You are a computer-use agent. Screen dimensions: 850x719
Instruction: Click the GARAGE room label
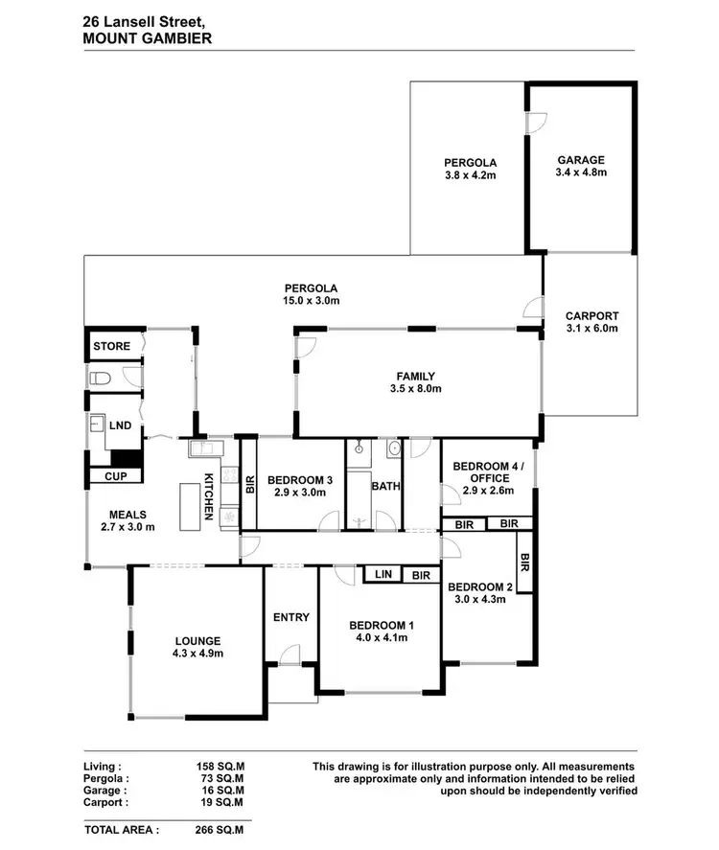tap(579, 160)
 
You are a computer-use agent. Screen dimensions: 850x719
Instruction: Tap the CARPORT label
tap(591, 315)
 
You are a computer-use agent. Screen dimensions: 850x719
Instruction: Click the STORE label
tap(111, 346)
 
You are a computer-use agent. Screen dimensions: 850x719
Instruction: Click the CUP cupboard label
tap(115, 475)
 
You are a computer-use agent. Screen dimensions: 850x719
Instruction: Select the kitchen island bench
tap(195, 502)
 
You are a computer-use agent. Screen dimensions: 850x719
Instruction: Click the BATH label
tap(385, 486)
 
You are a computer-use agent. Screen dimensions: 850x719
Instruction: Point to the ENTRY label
tap(290, 617)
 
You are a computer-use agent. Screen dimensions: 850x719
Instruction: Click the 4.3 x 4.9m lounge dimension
tap(198, 655)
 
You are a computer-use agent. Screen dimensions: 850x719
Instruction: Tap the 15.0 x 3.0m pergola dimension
tap(312, 300)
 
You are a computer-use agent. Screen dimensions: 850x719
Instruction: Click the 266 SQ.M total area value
tap(220, 830)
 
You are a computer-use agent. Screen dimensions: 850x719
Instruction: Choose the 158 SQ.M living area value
tap(220, 767)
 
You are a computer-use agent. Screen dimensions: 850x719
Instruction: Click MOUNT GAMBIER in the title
tap(148, 38)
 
